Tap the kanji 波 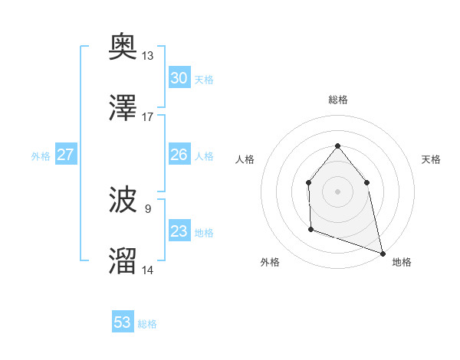click(x=123, y=201)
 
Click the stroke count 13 click(x=148, y=56)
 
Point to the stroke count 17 click(x=148, y=116)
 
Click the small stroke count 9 click(x=148, y=208)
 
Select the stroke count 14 click(x=148, y=270)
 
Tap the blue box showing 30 click(x=179, y=78)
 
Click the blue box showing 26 click(x=179, y=155)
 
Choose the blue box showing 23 click(x=179, y=231)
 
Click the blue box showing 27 click(x=65, y=155)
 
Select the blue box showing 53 click(x=123, y=322)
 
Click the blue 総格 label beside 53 click(x=147, y=324)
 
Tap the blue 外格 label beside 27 click(x=41, y=156)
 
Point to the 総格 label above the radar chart click(x=337, y=100)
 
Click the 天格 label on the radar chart click(x=432, y=159)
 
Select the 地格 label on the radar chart click(x=402, y=262)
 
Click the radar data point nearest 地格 click(x=382, y=253)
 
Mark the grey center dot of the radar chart click(x=337, y=191)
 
